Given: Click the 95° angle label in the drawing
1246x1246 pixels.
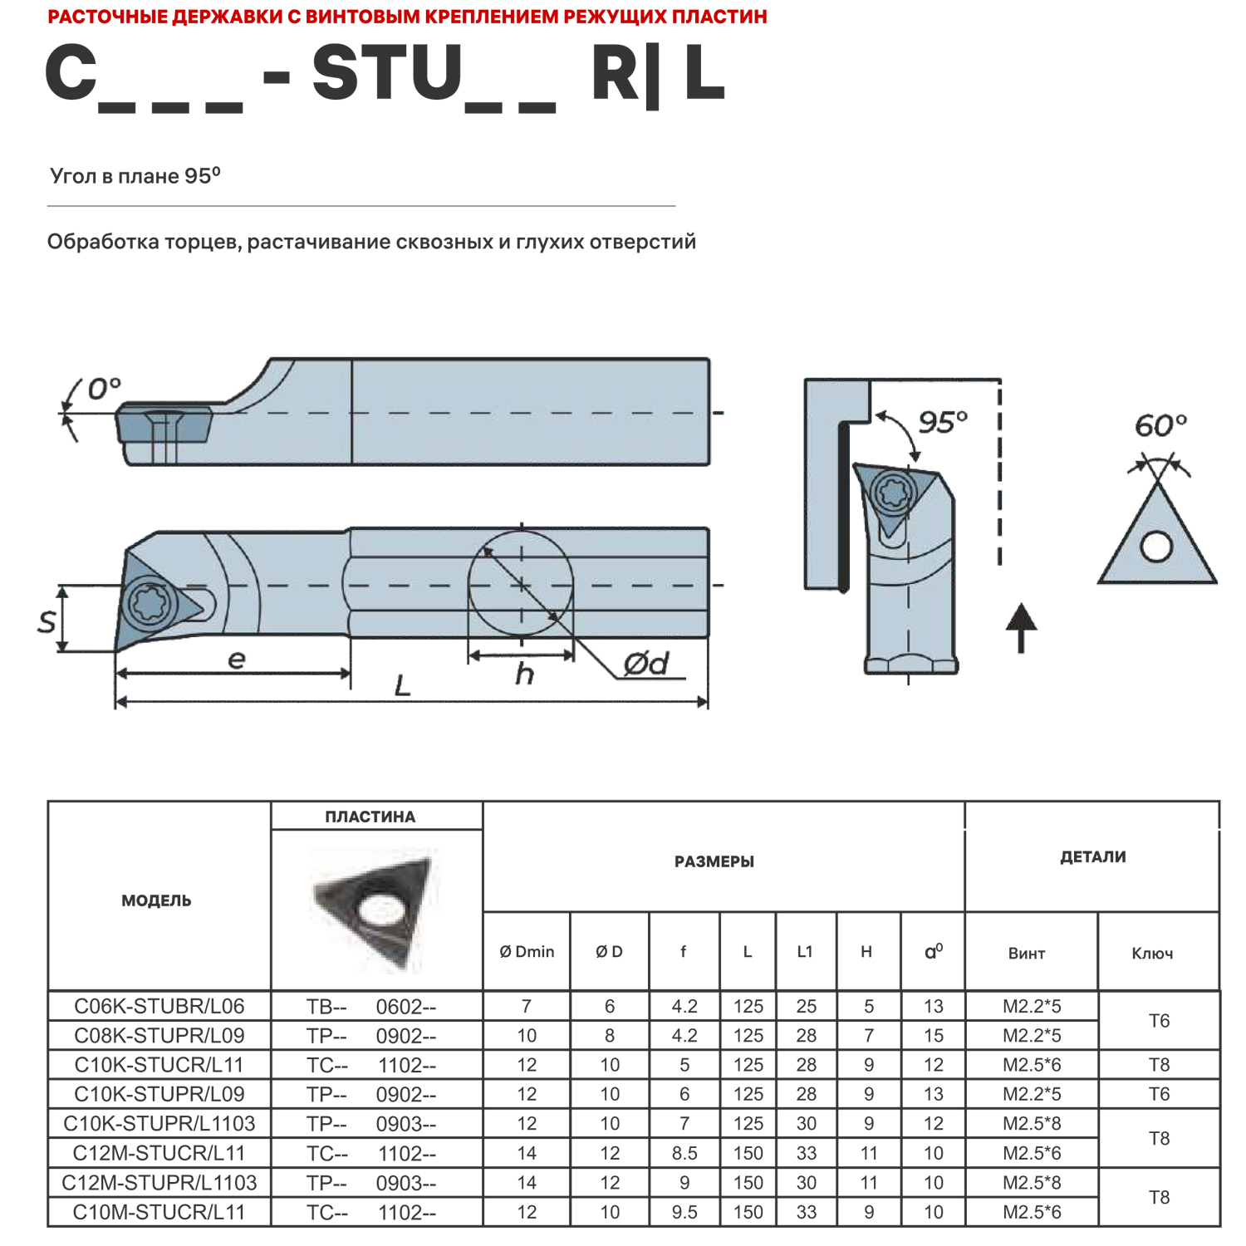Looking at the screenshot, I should click(943, 422).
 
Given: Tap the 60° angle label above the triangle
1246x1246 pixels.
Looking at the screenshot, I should click(1160, 426).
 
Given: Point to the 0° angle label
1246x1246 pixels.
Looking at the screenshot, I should click(104, 388).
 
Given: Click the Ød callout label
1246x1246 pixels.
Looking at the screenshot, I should click(646, 664).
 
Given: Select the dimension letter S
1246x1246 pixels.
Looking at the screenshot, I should click(47, 621).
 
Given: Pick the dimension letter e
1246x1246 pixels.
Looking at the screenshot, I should click(236, 660).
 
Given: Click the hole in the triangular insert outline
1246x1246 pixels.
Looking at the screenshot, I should click(1156, 547).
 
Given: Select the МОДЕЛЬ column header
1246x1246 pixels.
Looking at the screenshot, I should click(156, 900).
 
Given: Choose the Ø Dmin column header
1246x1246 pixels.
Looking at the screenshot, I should click(527, 952).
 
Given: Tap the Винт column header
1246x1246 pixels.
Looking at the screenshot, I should click(1027, 954).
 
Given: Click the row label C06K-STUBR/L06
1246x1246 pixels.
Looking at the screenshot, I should click(159, 1006).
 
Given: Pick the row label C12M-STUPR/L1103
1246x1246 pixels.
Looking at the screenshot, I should click(159, 1182).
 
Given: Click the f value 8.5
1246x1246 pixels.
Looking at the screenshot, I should click(684, 1153).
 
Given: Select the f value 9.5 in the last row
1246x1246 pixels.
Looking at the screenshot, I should click(684, 1212).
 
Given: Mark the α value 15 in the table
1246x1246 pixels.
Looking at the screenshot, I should click(934, 1036).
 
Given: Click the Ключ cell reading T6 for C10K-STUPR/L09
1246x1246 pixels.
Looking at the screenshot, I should click(1159, 1094).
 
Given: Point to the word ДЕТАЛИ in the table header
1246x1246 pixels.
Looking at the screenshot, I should click(1092, 857).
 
